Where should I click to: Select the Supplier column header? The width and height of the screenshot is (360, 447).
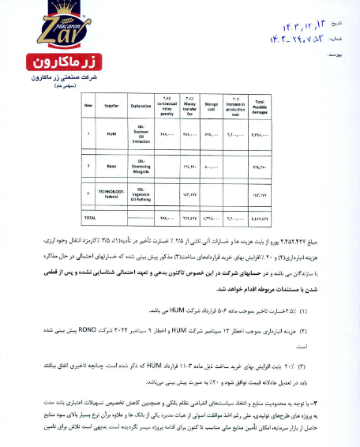tap(111, 103)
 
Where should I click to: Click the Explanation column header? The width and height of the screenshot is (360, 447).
tap(141, 103)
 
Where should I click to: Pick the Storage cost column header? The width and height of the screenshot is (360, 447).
tap(212, 103)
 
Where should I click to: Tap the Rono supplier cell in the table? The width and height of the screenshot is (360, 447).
tap(111, 166)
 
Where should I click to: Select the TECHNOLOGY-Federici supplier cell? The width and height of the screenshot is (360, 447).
tap(111, 192)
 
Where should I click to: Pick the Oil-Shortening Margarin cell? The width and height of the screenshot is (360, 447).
tap(141, 166)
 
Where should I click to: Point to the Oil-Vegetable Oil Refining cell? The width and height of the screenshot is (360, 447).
tap(141, 192)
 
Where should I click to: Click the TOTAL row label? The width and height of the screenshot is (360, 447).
tap(90, 216)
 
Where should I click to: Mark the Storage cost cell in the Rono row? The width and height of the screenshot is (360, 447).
tap(212, 166)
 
